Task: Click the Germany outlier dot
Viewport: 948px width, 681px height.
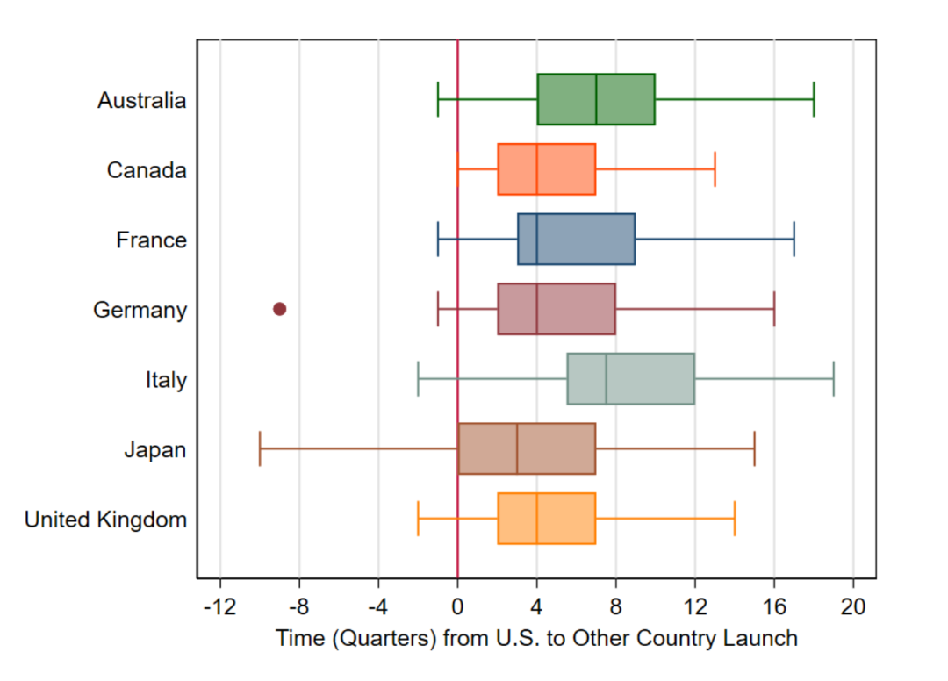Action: pos(280,309)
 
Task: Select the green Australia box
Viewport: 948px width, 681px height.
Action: pos(596,100)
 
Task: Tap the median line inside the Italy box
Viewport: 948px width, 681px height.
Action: pos(606,379)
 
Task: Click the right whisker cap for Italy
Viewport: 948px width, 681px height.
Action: pos(833,379)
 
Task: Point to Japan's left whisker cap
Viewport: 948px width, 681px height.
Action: pos(260,449)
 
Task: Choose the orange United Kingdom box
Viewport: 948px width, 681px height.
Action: pos(546,520)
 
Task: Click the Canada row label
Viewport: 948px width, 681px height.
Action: pos(147,170)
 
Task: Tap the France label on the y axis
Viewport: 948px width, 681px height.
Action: pos(151,240)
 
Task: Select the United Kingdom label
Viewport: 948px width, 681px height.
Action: pos(105,520)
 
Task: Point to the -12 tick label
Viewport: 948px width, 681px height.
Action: pos(219,607)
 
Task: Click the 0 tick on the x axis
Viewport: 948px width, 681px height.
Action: pos(457,607)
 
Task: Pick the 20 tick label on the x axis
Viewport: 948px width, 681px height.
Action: pos(853,607)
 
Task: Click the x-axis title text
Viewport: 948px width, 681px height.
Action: pos(536,639)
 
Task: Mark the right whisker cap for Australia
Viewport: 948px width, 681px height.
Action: pos(814,100)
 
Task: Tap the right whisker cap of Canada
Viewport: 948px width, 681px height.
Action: pos(715,169)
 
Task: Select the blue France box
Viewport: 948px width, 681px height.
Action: pos(576,240)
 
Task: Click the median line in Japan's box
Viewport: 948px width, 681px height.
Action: pos(517,449)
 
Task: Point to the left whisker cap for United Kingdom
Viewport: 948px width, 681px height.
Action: pos(418,520)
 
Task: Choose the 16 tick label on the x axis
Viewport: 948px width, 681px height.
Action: pos(774,607)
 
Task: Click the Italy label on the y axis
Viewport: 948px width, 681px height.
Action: pos(166,381)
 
